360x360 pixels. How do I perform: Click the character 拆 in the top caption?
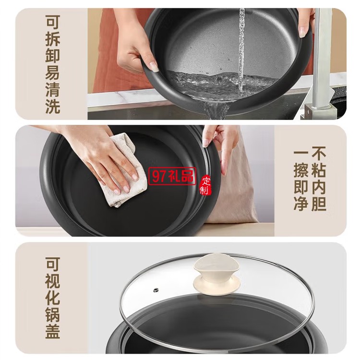pyautogui.click(x=53, y=39)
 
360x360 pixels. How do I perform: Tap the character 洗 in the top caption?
pyautogui.click(x=53, y=106)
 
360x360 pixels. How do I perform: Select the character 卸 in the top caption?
pyautogui.click(x=53, y=56)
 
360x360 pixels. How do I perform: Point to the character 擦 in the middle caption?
pyautogui.click(x=301, y=170)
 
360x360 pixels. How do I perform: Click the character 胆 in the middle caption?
pyautogui.click(x=319, y=204)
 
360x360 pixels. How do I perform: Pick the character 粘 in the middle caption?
pyautogui.click(x=319, y=170)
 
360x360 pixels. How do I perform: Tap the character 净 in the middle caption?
pyautogui.click(x=301, y=204)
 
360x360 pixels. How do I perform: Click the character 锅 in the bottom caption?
pyautogui.click(x=53, y=314)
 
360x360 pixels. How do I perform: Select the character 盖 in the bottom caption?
pyautogui.click(x=53, y=331)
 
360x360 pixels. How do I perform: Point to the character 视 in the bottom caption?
pyautogui.click(x=53, y=281)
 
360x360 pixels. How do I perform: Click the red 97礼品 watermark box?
pyautogui.click(x=172, y=176)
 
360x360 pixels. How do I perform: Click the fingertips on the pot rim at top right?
pyautogui.click(x=303, y=28)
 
